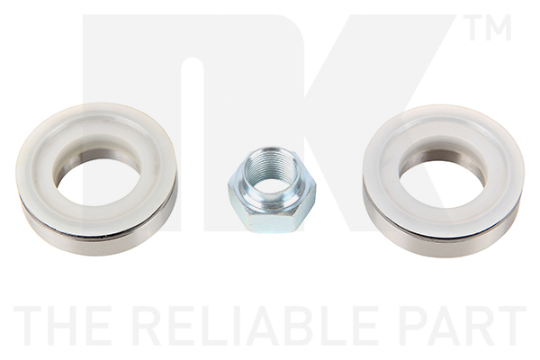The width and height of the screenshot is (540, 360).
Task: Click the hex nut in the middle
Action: click(272, 193)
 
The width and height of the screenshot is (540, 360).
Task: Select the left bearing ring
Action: click(34, 193)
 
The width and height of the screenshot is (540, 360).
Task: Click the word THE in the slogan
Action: click(64, 326)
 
